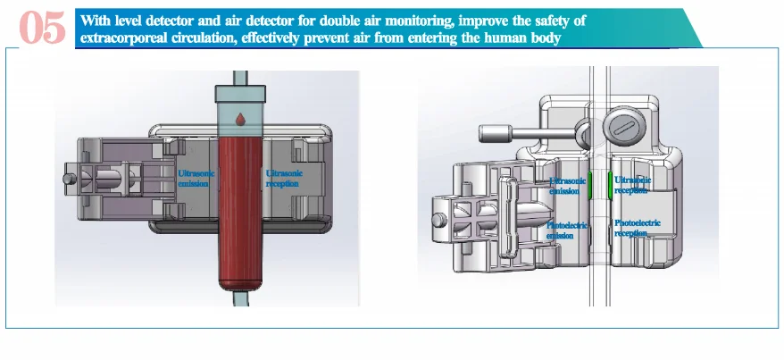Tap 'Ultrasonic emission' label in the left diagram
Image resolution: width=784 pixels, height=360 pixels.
click(x=193, y=178)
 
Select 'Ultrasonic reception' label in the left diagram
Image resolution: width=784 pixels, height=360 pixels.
click(x=284, y=178)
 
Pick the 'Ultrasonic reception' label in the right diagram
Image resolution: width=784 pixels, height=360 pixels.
click(x=632, y=185)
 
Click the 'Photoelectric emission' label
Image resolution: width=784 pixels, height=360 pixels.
click(x=567, y=230)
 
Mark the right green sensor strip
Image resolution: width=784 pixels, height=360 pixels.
click(x=610, y=186)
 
